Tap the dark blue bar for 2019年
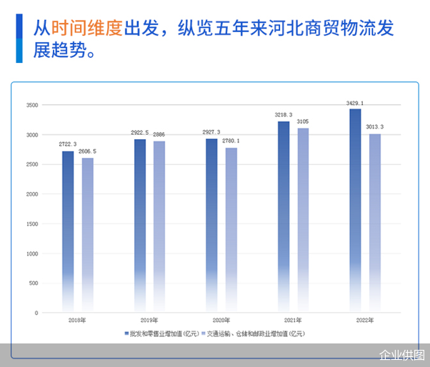click(140, 221)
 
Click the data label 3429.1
click(355, 104)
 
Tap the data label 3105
click(304, 122)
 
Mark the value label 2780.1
click(231, 141)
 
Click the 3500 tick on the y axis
click(31, 105)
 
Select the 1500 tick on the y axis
click(31, 223)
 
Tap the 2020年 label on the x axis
click(221, 321)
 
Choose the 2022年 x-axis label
click(364, 321)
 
